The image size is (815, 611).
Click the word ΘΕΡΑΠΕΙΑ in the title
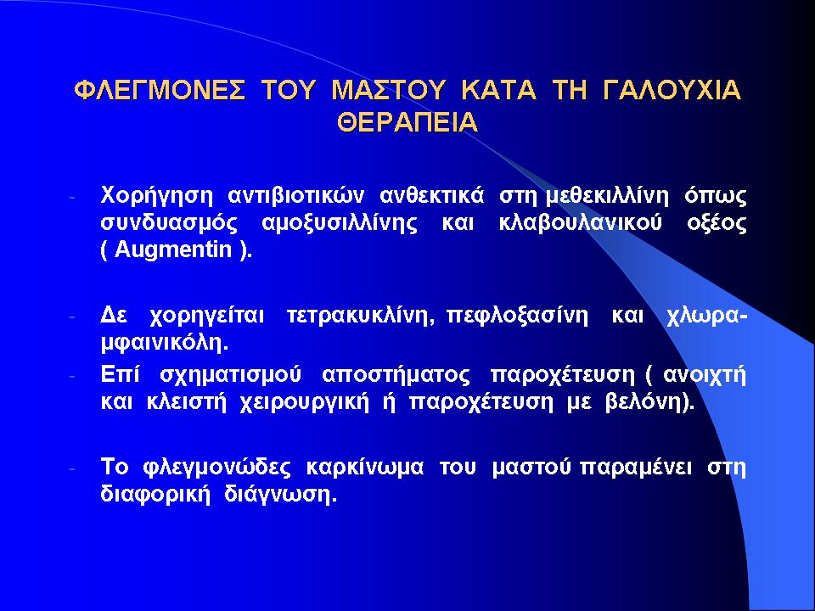tap(407, 122)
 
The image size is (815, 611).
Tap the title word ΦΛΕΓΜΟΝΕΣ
tap(160, 90)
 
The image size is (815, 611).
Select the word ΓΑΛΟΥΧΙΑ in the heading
tap(672, 90)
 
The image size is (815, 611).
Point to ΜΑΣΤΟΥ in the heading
tap(388, 90)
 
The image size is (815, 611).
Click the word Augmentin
tap(172, 249)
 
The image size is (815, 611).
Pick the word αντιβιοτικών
tap(296, 196)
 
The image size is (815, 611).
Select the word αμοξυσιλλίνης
tap(340, 224)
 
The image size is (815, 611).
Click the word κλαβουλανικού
tap(580, 223)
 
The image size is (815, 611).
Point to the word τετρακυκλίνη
tap(358, 316)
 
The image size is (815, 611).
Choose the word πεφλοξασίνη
tap(518, 316)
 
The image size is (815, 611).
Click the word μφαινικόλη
tap(164, 343)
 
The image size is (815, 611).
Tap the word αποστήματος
tap(396, 375)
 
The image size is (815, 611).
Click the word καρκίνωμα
tap(365, 468)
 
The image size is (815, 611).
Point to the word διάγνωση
tap(278, 495)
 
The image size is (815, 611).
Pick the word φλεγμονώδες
tap(216, 468)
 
